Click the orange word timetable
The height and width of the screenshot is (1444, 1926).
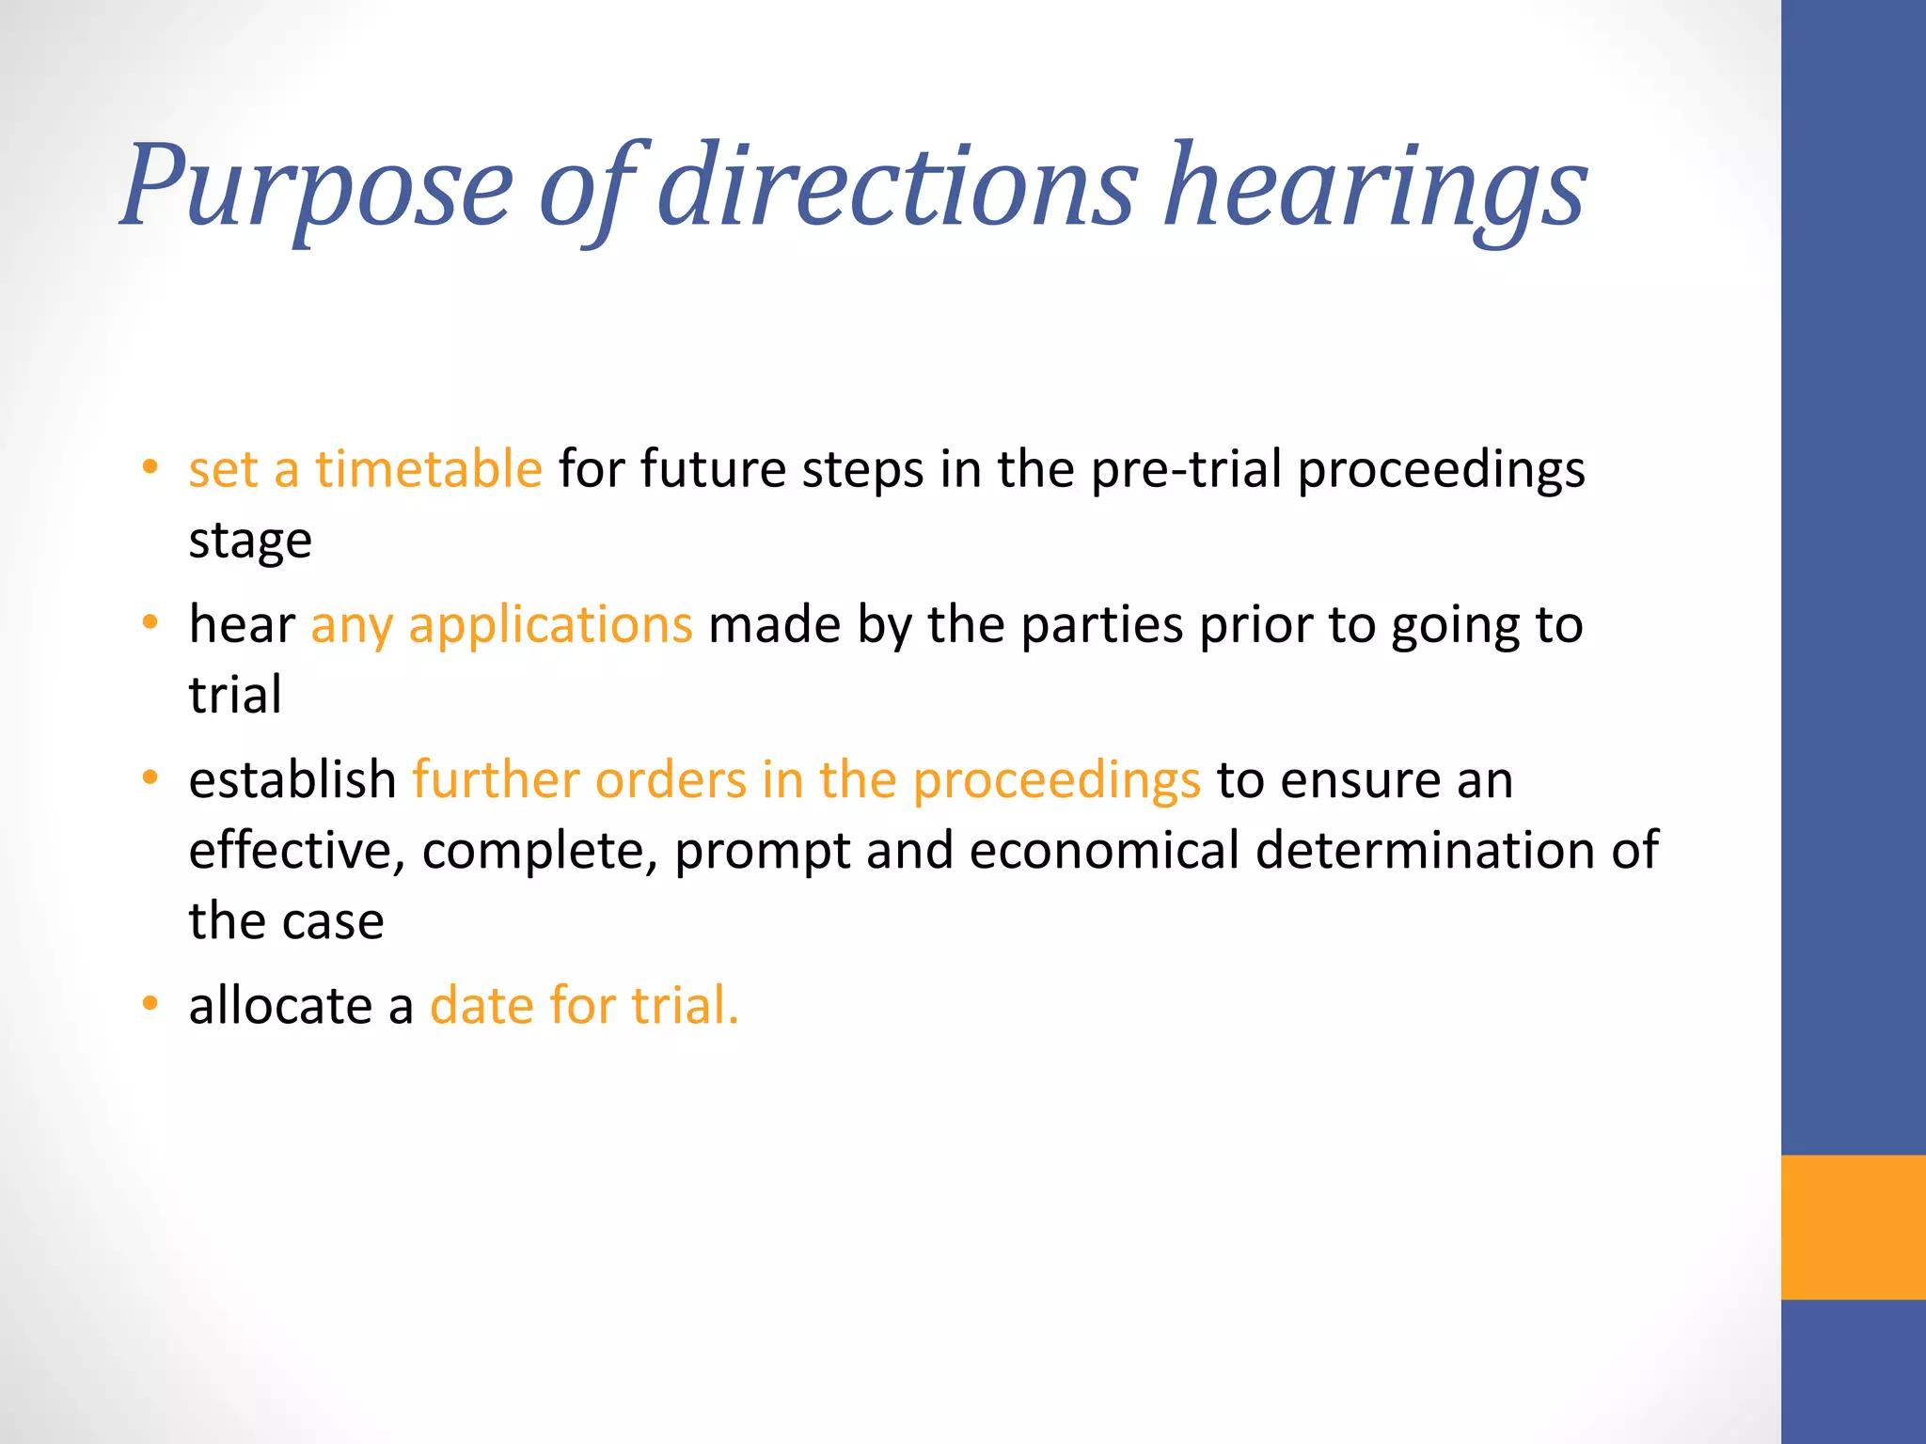click(428, 469)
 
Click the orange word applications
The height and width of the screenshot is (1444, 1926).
click(550, 626)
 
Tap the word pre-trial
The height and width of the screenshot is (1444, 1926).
click(1187, 469)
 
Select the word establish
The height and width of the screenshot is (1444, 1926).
click(292, 780)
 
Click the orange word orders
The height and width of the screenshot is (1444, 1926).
click(671, 780)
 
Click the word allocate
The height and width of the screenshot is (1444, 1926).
click(280, 1006)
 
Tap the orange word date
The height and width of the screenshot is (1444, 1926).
click(481, 1006)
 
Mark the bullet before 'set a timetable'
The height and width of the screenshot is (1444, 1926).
click(150, 467)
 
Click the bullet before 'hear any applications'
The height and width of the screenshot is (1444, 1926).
click(150, 623)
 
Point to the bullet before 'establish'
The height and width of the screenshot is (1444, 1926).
click(150, 778)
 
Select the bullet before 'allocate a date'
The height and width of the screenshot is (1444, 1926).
click(150, 1004)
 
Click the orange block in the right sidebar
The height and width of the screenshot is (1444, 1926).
click(1853, 1227)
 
